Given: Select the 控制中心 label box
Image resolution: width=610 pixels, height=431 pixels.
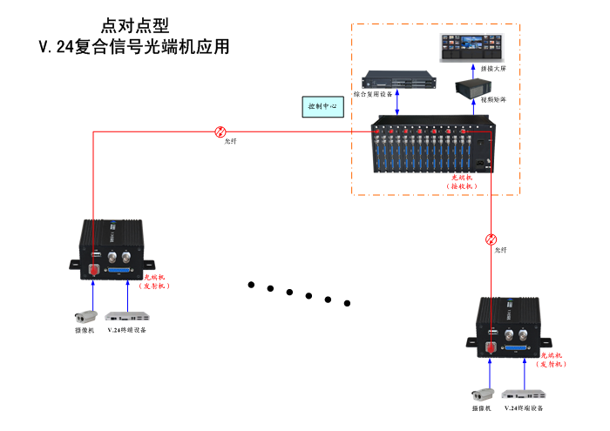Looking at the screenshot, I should tap(324, 107).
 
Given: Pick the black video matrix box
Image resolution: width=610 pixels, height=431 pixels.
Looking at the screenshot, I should tap(476, 86).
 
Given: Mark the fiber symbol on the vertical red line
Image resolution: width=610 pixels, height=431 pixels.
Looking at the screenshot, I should tap(492, 239).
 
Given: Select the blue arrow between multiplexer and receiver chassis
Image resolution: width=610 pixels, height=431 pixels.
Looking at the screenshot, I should tap(399, 102).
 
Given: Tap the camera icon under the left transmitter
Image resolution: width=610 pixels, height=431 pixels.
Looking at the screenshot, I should tap(85, 316).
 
